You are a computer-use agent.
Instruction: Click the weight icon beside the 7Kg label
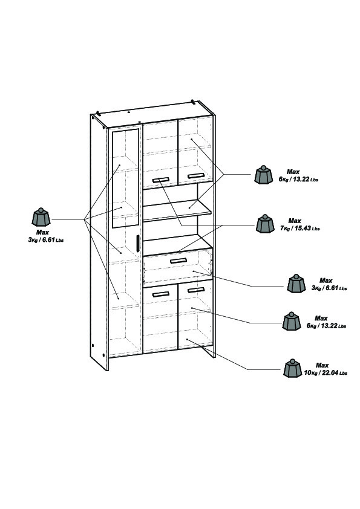[x=265, y=224]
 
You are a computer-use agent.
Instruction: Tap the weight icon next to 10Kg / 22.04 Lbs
[x=292, y=368]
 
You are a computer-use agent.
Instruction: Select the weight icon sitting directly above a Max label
[x=41, y=217]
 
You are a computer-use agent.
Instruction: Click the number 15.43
[x=302, y=229]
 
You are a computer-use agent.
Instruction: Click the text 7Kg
[x=284, y=229]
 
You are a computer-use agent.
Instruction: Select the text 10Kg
[x=310, y=373]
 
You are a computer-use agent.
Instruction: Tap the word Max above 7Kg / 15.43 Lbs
[x=295, y=221]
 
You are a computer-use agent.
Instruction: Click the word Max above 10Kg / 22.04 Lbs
[x=322, y=366]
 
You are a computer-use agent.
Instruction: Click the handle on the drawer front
[x=178, y=261]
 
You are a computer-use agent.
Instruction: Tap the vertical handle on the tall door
[x=137, y=243]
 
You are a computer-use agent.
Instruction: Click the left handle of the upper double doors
[x=160, y=179]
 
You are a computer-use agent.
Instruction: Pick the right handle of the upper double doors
[x=195, y=176]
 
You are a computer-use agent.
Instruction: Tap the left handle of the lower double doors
[x=160, y=294]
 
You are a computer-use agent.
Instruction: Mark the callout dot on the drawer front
[x=193, y=271]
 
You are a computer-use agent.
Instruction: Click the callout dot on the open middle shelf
[x=189, y=207]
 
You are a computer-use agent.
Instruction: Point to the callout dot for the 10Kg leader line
[x=187, y=340]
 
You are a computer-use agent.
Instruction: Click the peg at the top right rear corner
[x=192, y=102]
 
